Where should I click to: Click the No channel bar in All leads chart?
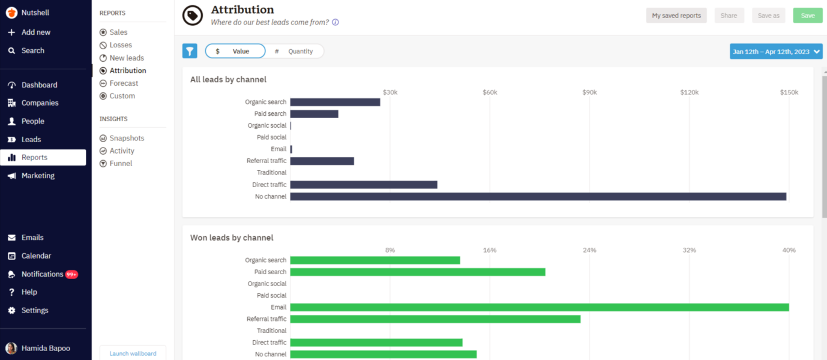538,197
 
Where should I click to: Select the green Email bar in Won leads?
539,307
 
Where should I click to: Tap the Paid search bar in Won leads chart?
417,272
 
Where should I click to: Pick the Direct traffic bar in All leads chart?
363,185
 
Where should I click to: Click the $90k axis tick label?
589,92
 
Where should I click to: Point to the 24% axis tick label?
589,250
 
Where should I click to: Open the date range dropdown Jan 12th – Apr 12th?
776,52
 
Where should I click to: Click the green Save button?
807,16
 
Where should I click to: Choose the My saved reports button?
676,16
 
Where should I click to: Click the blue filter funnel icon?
190,51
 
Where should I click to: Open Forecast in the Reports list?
124,83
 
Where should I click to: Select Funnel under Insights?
121,163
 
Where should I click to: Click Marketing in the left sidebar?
38,176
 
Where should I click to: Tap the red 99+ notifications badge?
71,274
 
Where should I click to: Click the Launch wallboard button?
133,353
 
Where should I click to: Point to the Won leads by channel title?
232,238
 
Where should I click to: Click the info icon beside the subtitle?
335,22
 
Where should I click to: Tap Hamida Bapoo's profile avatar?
11,348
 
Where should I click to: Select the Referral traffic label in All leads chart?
266,161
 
